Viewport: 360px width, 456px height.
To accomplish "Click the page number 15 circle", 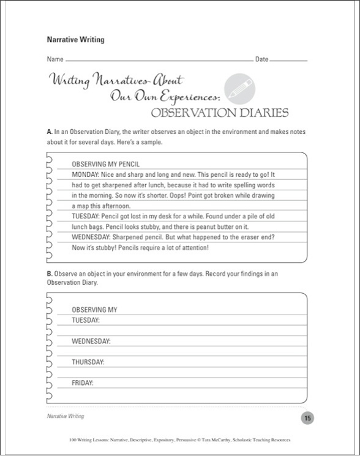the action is point(307,418).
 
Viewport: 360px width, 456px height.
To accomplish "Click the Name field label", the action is point(54,59).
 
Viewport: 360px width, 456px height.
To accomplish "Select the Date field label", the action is point(261,59).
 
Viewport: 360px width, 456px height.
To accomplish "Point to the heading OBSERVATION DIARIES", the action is point(219,113).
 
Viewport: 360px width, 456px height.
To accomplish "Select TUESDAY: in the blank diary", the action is point(86,320).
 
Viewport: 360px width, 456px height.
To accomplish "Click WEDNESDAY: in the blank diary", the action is point(91,341).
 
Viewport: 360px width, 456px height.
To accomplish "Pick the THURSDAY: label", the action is point(88,362).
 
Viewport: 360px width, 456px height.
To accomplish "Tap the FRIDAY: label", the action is point(83,383).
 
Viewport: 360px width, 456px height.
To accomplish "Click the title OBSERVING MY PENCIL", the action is point(106,164).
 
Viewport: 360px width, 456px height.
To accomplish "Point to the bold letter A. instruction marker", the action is point(49,132).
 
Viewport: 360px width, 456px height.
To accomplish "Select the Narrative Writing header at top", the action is point(75,40).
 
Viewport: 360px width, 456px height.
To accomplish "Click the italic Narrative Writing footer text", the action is point(65,416).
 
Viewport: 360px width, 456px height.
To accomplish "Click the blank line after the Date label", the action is point(288,61).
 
